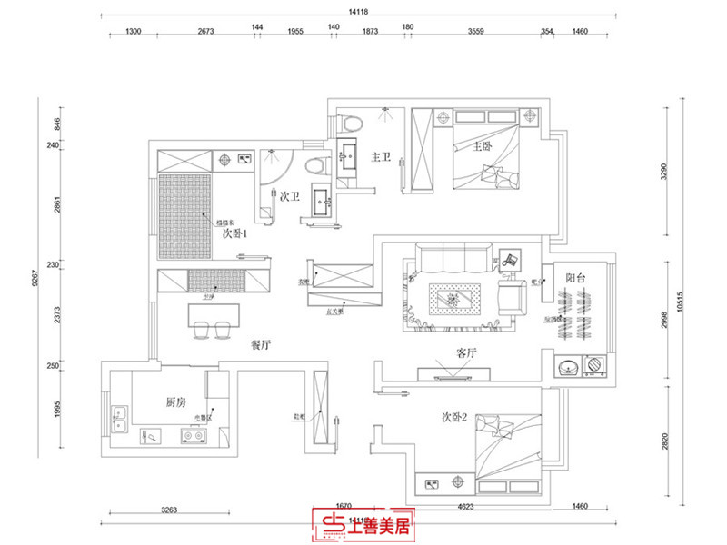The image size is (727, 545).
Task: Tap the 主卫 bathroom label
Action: tap(381, 157)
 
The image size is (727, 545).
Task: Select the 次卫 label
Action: tap(290, 195)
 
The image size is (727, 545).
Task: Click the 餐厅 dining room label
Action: tap(262, 345)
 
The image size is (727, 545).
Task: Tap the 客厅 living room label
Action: tap(453, 352)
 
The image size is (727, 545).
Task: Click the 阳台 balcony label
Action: tap(574, 278)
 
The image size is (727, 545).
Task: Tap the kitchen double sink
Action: tap(118, 421)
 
